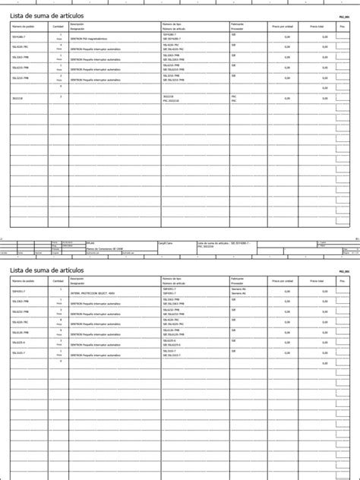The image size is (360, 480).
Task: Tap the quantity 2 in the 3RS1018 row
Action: click(x=60, y=96)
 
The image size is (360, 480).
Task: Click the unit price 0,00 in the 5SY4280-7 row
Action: click(x=288, y=36)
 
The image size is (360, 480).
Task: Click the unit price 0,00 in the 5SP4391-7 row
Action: click(x=288, y=291)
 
